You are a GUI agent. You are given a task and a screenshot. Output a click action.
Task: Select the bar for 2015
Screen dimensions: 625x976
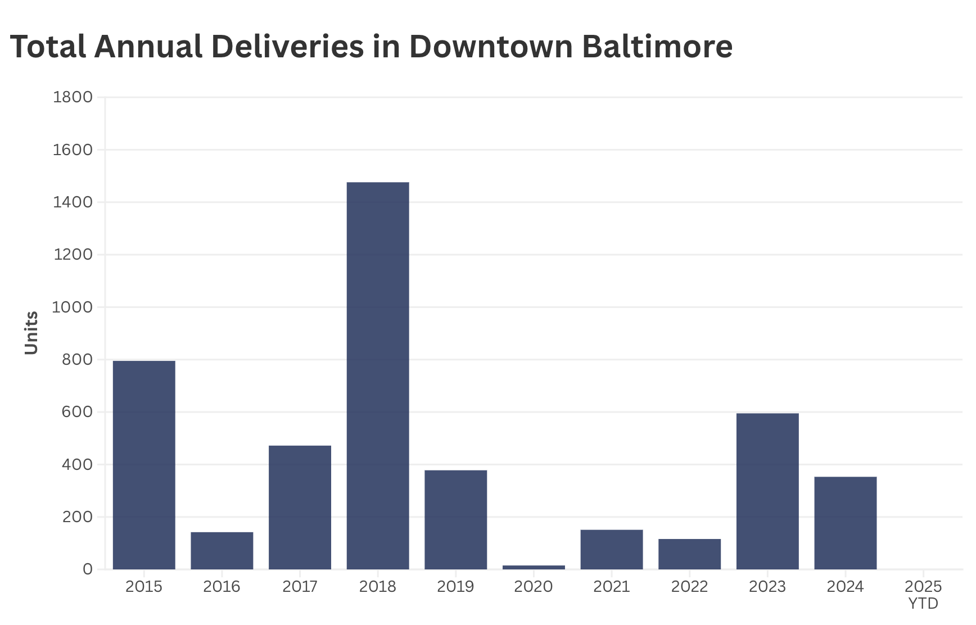(x=144, y=465)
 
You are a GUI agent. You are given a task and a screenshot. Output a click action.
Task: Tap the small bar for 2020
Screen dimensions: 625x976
(x=534, y=567)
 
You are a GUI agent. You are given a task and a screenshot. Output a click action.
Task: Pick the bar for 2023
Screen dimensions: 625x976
(x=767, y=491)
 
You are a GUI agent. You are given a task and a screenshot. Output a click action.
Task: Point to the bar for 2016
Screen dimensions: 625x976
(x=222, y=550)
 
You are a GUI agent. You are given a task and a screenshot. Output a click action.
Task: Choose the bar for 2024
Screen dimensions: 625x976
(x=845, y=523)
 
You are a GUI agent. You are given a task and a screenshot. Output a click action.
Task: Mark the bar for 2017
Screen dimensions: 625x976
(x=300, y=507)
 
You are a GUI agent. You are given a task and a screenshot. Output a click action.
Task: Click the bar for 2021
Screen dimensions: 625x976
(x=612, y=549)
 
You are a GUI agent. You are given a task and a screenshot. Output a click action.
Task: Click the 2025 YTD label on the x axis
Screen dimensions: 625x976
(x=923, y=595)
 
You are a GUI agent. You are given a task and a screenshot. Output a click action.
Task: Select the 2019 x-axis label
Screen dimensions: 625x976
(x=455, y=587)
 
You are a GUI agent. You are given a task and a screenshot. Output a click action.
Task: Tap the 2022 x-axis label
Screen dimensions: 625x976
(x=689, y=587)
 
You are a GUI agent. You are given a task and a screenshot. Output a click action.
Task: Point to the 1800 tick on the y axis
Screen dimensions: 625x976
(x=73, y=97)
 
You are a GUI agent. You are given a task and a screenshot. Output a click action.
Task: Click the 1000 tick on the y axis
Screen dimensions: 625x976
(x=73, y=307)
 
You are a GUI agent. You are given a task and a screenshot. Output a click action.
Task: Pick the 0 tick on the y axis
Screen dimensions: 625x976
(x=87, y=569)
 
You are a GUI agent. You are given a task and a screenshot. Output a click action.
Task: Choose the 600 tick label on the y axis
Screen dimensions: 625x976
(x=77, y=412)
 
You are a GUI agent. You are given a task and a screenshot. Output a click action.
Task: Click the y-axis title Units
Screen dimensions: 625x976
(x=31, y=333)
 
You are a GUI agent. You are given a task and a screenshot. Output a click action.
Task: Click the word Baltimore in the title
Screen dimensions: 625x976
(x=657, y=46)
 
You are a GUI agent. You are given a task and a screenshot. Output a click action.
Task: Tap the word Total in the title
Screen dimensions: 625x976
(x=48, y=46)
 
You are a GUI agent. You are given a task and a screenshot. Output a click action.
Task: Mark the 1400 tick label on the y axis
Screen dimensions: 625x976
(x=73, y=202)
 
